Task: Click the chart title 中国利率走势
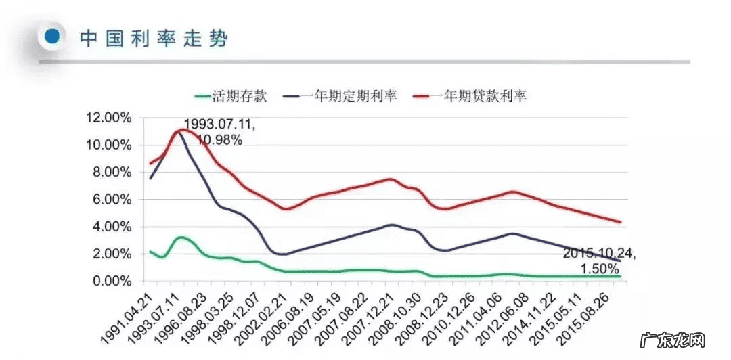tap(154, 38)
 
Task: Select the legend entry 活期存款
tap(231, 96)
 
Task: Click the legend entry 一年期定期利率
tap(338, 96)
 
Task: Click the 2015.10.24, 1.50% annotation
tap(600, 261)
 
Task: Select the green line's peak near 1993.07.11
tap(180, 238)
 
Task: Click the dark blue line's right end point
tap(621, 261)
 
